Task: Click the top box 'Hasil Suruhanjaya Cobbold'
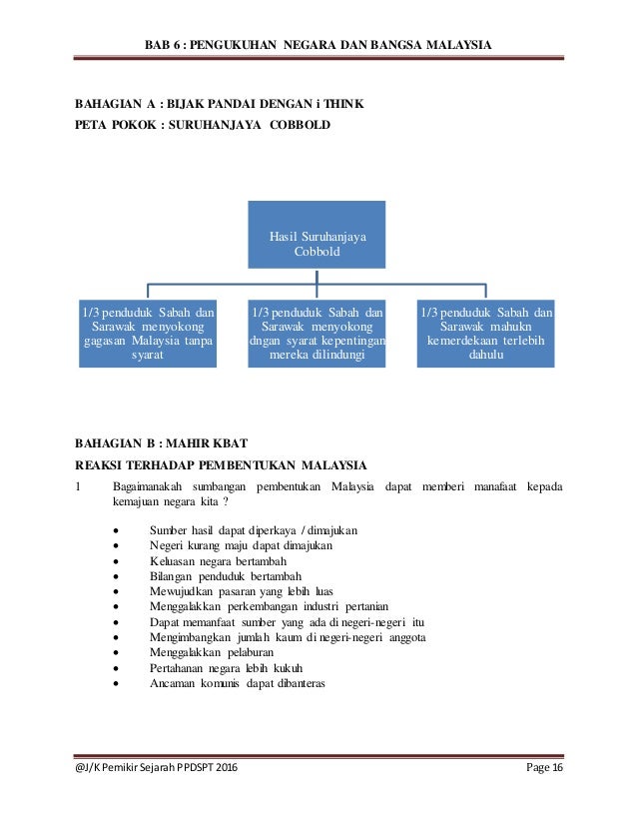pos(317,235)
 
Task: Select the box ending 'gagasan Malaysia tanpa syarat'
pos(148,333)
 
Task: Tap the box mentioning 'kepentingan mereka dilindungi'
pos(317,333)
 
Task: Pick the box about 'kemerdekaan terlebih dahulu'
pos(485,333)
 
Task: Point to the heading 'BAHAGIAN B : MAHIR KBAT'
pos(161,442)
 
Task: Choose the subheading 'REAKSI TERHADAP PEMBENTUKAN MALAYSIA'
pos(222,464)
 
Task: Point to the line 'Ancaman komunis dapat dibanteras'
pos(237,684)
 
